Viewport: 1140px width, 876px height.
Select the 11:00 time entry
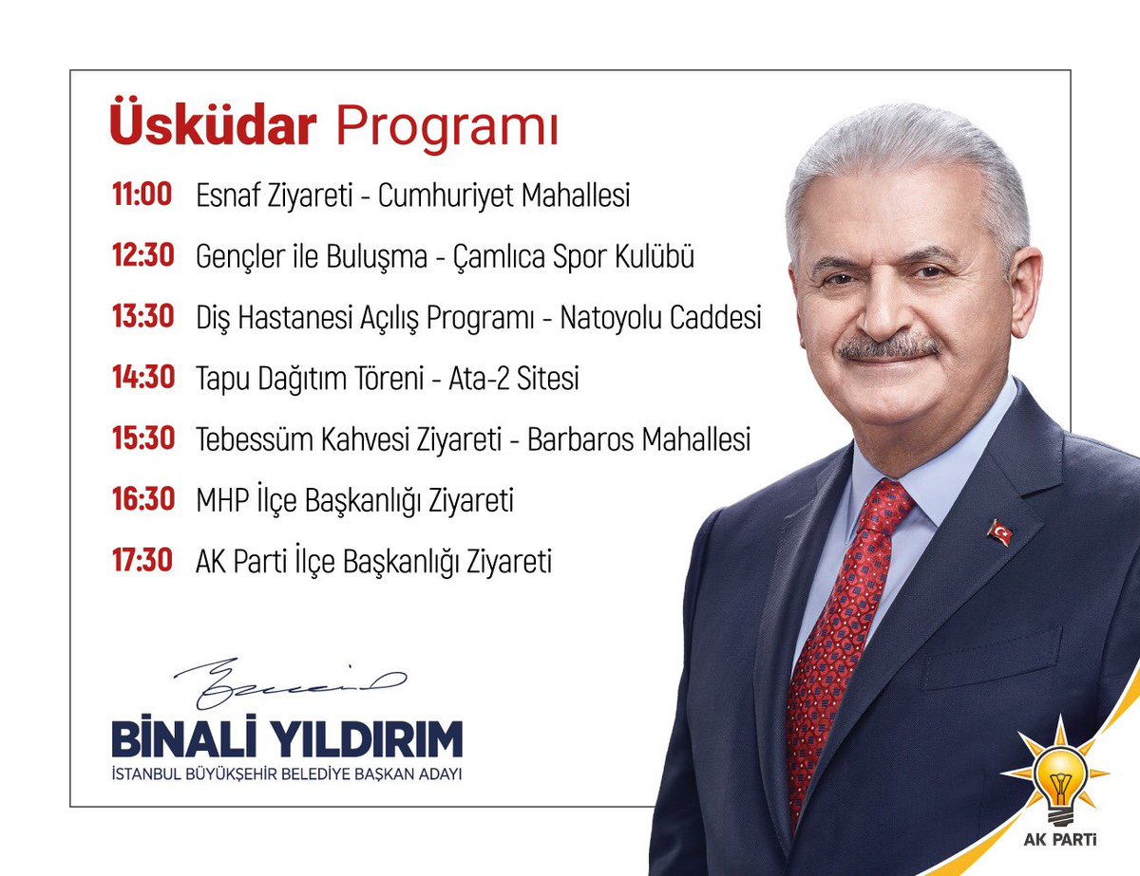pyautogui.click(x=142, y=196)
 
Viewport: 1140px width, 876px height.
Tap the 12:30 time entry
pyautogui.click(x=142, y=256)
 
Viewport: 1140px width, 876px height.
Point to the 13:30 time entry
pyautogui.click(x=142, y=317)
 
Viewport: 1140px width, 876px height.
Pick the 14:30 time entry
pyautogui.click(x=142, y=378)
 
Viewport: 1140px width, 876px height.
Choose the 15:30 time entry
pyautogui.click(x=142, y=438)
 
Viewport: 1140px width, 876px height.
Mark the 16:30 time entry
pyautogui.click(x=142, y=499)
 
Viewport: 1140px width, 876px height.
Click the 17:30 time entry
pyautogui.click(x=142, y=560)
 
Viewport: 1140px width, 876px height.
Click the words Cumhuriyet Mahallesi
pyautogui.click(x=503, y=196)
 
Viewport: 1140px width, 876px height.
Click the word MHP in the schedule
pyautogui.click(x=222, y=500)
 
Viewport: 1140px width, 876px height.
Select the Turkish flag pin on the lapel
pyautogui.click(x=999, y=531)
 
